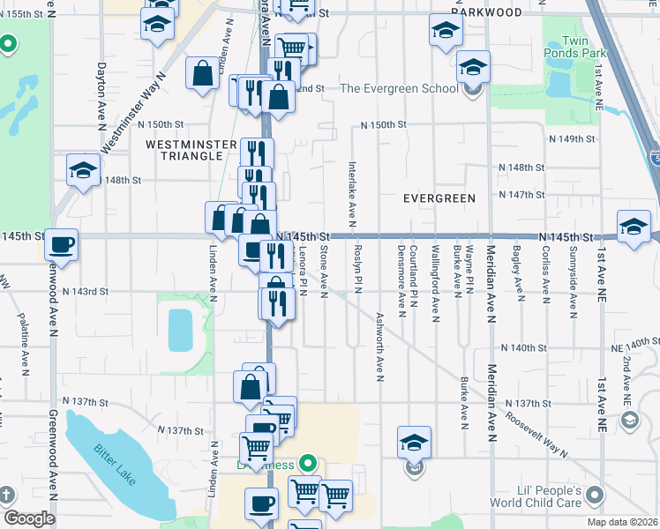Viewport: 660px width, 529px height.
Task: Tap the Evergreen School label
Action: point(400,88)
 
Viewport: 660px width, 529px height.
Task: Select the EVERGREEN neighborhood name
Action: point(439,198)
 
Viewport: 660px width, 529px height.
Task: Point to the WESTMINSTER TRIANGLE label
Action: point(191,150)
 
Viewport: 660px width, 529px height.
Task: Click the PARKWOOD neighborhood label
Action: point(486,12)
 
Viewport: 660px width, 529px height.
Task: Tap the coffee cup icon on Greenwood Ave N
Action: point(61,244)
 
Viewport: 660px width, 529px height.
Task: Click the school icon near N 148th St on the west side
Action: point(83,170)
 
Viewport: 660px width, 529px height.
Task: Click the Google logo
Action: point(28,519)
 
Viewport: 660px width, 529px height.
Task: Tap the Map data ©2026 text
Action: point(623,522)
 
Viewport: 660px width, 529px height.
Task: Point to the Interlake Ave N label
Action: point(351,190)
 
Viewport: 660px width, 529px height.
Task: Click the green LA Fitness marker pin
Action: point(307,462)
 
